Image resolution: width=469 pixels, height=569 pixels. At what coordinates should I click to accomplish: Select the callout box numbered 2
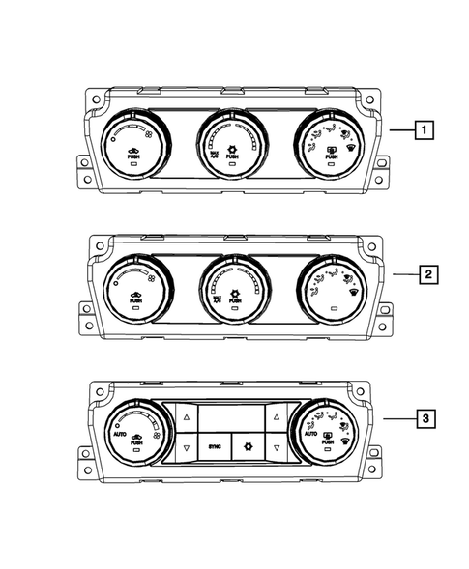(426, 274)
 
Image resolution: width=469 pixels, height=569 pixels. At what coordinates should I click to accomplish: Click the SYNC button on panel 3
(214, 448)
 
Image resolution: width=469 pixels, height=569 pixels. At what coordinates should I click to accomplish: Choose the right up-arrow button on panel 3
(276, 417)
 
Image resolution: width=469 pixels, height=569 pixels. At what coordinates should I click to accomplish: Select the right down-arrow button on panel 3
(276, 448)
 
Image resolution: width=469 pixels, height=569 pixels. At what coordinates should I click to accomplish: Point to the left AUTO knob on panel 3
(135, 432)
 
